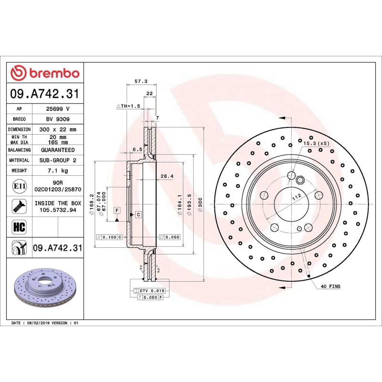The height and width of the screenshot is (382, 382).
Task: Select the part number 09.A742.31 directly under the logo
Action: click(45, 94)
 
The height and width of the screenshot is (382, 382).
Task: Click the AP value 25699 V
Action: click(58, 109)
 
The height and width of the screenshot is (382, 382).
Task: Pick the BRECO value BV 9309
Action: click(58, 119)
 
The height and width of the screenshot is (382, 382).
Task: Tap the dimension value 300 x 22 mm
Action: click(58, 129)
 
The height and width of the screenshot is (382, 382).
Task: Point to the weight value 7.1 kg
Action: click(58, 170)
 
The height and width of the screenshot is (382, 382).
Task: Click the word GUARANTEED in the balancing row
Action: click(58, 150)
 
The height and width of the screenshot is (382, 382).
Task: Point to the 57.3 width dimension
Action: click(140, 82)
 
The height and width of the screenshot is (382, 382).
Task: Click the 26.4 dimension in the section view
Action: click(167, 176)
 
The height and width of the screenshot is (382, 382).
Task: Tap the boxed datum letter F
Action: click(116, 211)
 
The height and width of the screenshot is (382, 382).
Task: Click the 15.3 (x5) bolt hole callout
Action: click(316, 143)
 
